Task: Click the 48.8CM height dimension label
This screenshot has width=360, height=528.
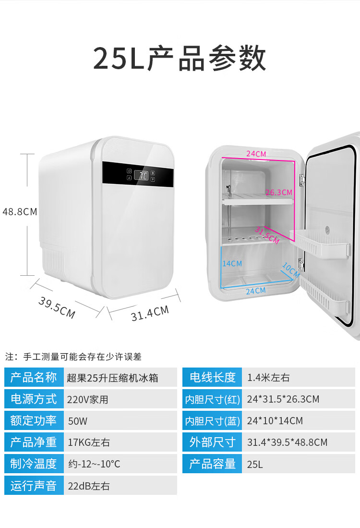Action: coord(20,211)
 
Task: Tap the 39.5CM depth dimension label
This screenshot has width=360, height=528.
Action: coord(57,307)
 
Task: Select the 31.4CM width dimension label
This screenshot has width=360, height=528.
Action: coord(150,313)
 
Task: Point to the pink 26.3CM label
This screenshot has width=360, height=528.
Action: coord(278,192)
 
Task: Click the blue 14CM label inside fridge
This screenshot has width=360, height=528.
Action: coord(232,263)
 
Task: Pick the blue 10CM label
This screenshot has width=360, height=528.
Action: coord(290,270)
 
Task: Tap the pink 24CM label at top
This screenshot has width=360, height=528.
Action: coord(256,154)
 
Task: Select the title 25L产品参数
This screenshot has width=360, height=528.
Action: coord(180,59)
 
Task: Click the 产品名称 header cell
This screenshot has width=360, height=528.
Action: coord(34,378)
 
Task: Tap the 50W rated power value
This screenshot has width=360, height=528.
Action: coord(78,421)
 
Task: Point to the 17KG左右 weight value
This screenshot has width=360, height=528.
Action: coord(89,442)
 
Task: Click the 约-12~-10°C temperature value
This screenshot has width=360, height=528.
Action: coord(94,464)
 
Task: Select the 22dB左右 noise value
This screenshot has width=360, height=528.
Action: coord(89,486)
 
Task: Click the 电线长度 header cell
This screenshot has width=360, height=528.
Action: coord(212,378)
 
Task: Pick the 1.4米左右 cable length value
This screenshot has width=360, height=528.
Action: coord(268,378)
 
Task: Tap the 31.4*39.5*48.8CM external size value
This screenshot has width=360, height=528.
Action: coord(287,442)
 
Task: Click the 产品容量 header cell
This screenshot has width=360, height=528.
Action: coord(212,464)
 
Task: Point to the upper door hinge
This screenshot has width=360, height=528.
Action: coord(302,181)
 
